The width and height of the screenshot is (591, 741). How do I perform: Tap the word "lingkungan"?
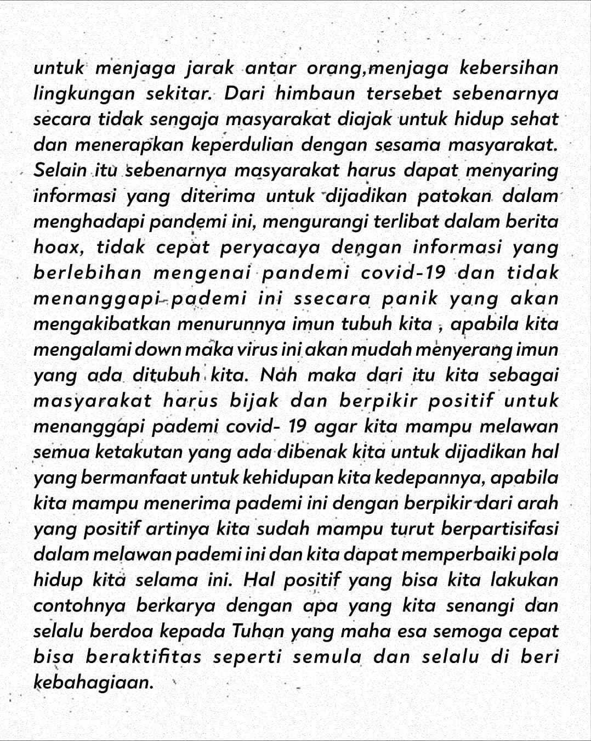click(x=84, y=93)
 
